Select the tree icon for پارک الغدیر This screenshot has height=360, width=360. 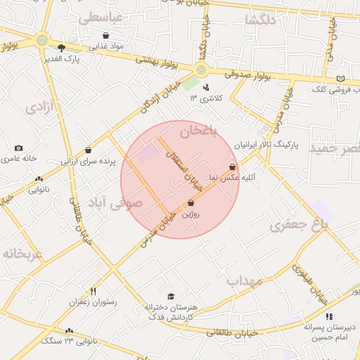pos(62,48)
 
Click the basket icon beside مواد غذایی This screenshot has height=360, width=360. pos(105,35)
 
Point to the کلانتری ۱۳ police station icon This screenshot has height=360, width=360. pos(206,88)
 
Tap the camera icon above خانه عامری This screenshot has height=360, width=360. pos(18,148)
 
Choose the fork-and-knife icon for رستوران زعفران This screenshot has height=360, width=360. pos(92,291)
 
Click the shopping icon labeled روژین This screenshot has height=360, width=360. pos(191,203)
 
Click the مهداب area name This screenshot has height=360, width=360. pos(245,281)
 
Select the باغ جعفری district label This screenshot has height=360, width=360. pos(300,226)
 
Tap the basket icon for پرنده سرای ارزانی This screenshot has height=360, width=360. pos(88,150)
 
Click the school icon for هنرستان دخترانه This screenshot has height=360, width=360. pos(170,297)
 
